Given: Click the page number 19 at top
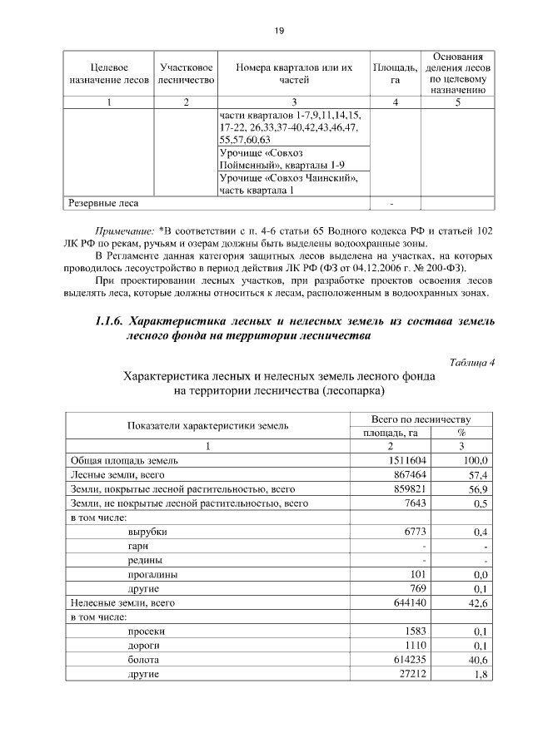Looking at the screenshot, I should pyautogui.click(x=280, y=31).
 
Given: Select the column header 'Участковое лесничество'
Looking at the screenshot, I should pyautogui.click(x=187, y=73).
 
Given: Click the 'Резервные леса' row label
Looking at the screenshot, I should pyautogui.click(x=104, y=202).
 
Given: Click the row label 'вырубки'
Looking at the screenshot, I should pyautogui.click(x=147, y=531).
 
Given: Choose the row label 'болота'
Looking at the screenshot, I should pyautogui.click(x=145, y=658).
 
